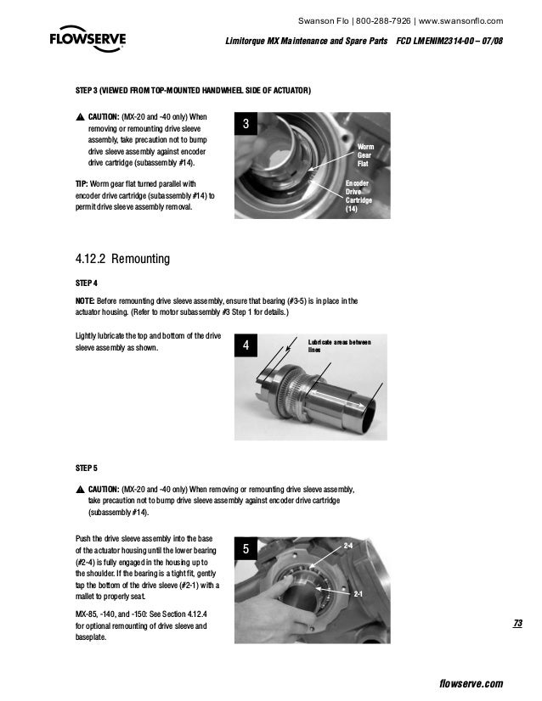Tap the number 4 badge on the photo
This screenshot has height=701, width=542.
(x=246, y=346)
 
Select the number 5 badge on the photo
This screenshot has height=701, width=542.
(x=246, y=550)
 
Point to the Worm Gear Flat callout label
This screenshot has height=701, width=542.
(x=363, y=155)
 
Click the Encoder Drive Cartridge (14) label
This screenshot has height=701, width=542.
(x=358, y=198)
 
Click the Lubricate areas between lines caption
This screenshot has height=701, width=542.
(x=339, y=345)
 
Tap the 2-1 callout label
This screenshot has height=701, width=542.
(x=359, y=595)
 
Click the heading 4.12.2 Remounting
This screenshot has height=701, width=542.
(x=123, y=257)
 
